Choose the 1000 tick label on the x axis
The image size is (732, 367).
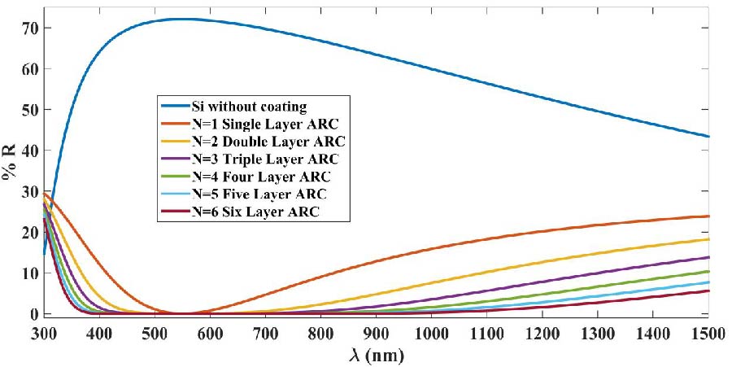point(431,334)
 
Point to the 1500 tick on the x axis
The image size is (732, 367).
point(708,334)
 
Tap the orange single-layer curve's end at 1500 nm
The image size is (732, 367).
point(708,216)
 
